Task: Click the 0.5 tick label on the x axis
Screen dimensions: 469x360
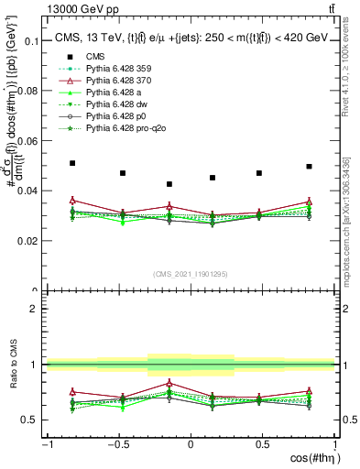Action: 262,444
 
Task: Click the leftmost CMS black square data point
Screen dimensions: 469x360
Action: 72,163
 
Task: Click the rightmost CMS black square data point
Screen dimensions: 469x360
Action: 309,167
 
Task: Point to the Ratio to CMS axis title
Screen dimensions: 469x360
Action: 12,365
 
